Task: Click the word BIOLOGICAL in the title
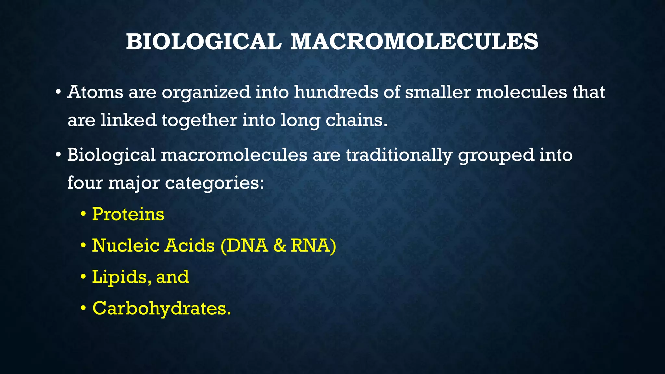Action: pyautogui.click(x=203, y=42)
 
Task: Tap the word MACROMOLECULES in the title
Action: pyautogui.click(x=414, y=42)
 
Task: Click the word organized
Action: pyautogui.click(x=206, y=93)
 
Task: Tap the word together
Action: pyautogui.click(x=199, y=120)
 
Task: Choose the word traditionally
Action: pyautogui.click(x=399, y=156)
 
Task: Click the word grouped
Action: pyautogui.click(x=496, y=156)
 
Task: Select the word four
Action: pyautogui.click(x=85, y=183)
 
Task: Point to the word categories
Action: pyautogui.click(x=214, y=183)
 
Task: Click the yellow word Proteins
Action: pyautogui.click(x=128, y=214)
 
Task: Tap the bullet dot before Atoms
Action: pyautogui.click(x=58, y=93)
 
